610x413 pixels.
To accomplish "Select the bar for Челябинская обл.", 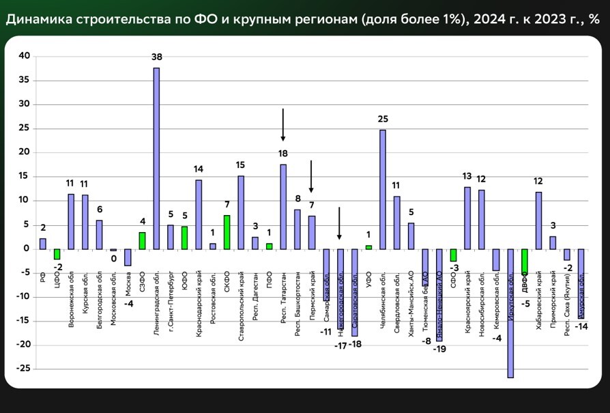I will pyautogui.click(x=382, y=189).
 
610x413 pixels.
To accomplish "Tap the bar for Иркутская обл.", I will pyautogui.click(x=510, y=313).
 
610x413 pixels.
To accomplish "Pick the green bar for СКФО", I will pyautogui.click(x=227, y=232).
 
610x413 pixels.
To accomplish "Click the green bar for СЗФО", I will pyautogui.click(x=142, y=240).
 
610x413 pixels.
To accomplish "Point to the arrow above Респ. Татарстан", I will pyautogui.click(x=283, y=124).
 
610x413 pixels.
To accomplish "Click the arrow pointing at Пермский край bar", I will pyautogui.click(x=311, y=176).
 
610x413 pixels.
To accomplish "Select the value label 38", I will pyautogui.click(x=156, y=56).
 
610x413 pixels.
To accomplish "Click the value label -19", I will pyautogui.click(x=439, y=348).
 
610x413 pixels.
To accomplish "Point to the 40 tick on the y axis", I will pyautogui.click(x=25, y=57).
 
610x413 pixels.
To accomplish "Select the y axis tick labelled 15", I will pyautogui.click(x=25, y=176).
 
